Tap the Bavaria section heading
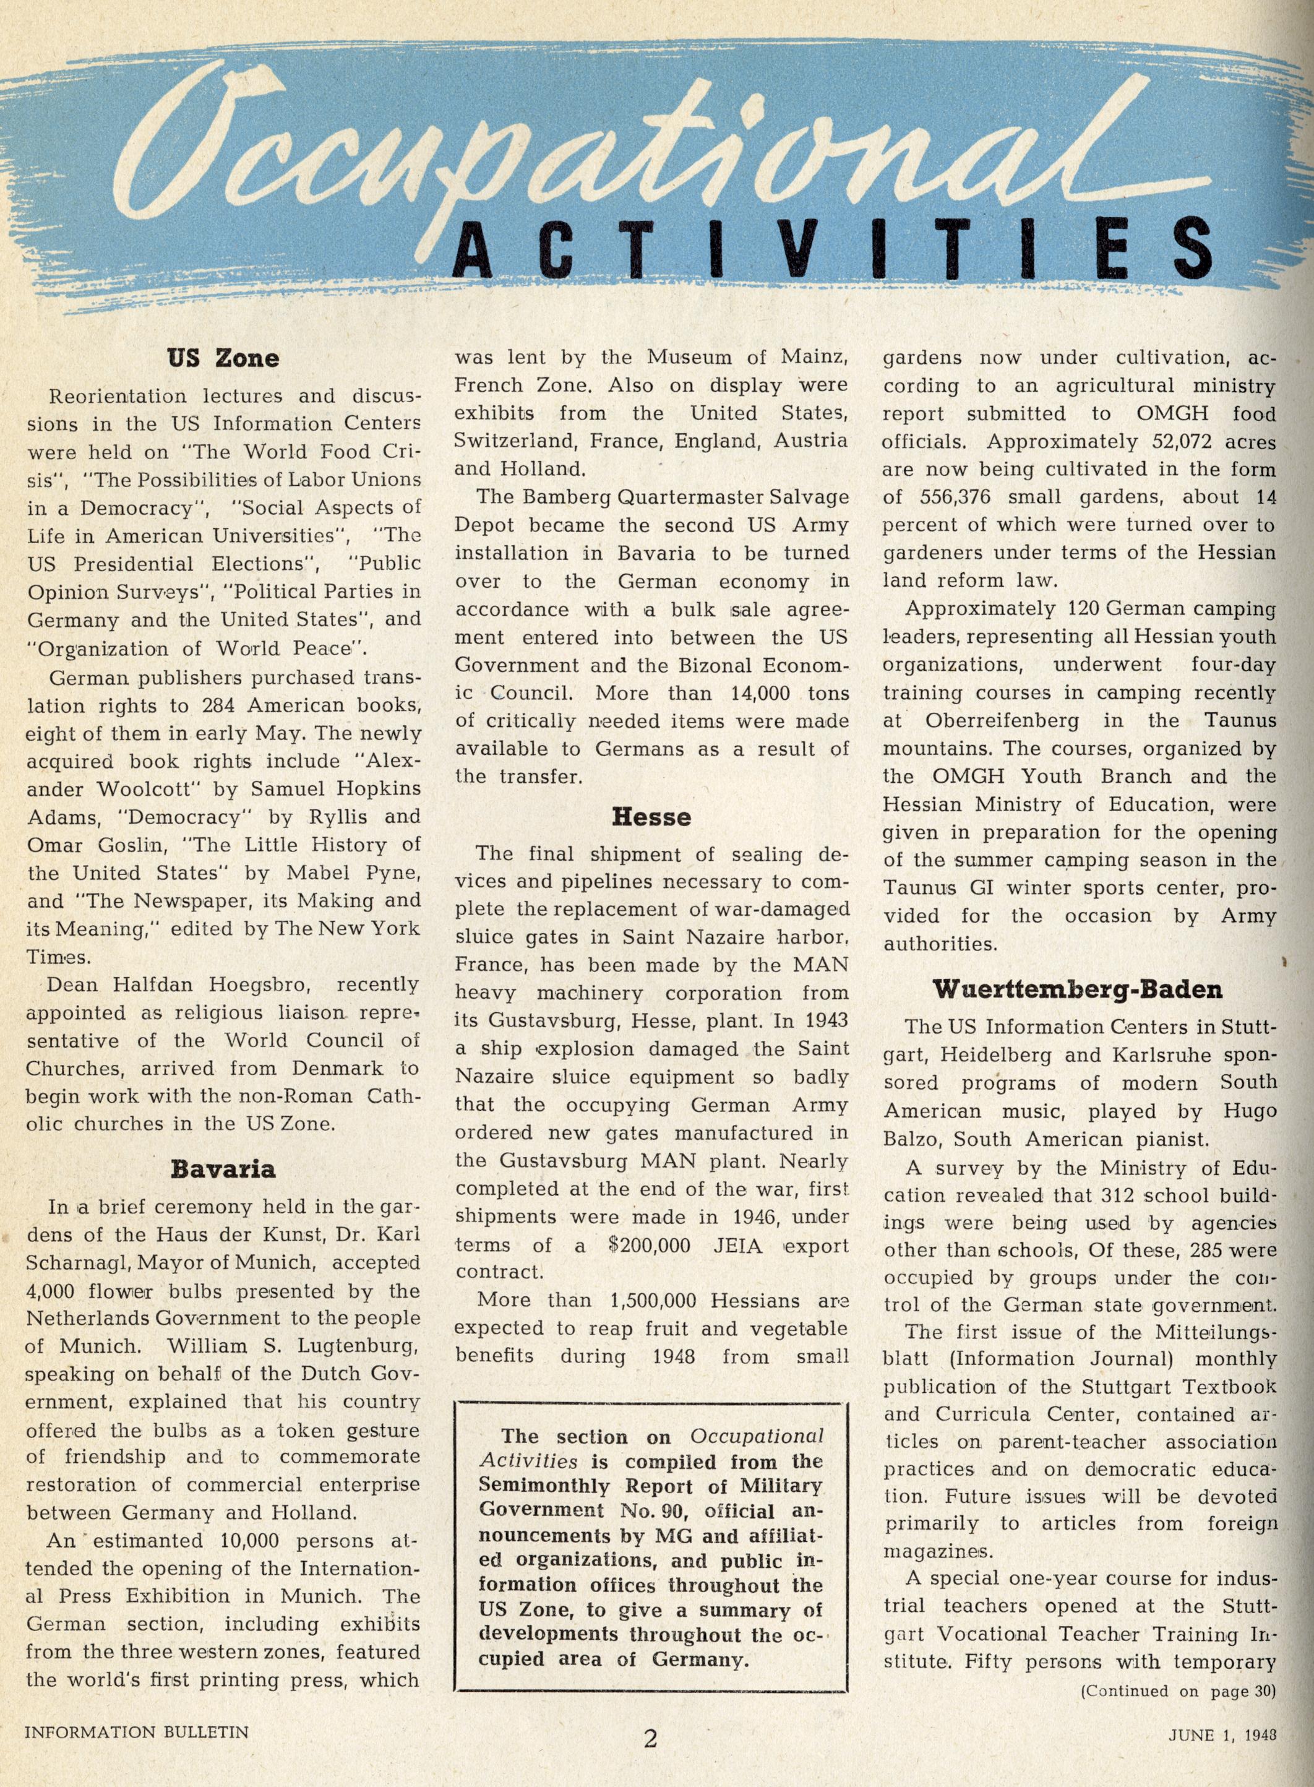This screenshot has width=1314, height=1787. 223,1169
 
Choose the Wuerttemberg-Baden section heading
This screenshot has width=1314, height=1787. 1077,991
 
